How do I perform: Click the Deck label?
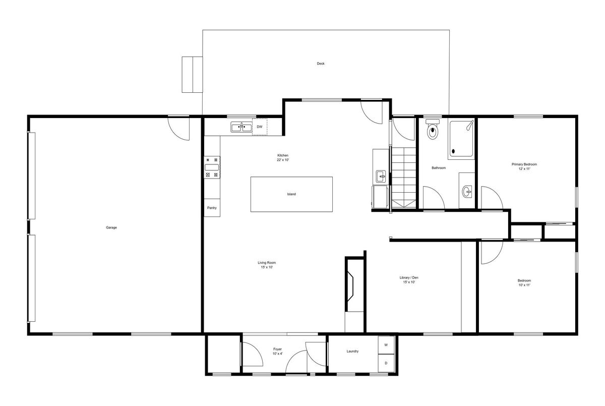tap(321, 64)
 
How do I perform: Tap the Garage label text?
tap(111, 227)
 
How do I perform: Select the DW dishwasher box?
tap(260, 127)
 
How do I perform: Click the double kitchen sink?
tap(241, 127)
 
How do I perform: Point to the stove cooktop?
tap(212, 167)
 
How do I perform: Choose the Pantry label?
tap(212, 208)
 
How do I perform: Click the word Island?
tap(291, 194)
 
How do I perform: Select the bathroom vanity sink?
tap(467, 192)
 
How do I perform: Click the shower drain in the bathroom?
tap(453, 151)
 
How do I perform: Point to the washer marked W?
tap(386, 345)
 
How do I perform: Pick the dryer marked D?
tap(386, 363)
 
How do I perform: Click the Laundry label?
tap(352, 351)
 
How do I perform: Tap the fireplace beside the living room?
tap(350, 286)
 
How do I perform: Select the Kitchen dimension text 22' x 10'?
tap(283, 160)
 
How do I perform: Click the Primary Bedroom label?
tap(524, 164)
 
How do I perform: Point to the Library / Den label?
tap(409, 277)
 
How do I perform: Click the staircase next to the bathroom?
tap(404, 178)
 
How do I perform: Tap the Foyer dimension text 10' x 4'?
tap(277, 354)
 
